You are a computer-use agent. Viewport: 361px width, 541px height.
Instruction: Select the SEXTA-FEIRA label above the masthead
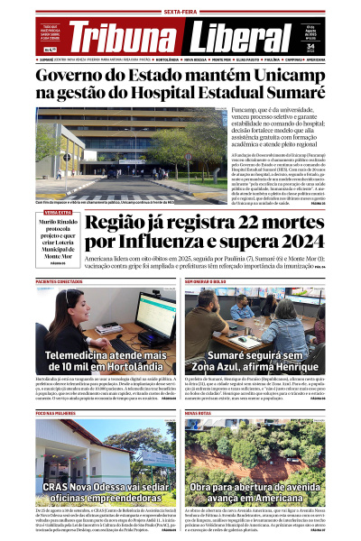point(180,12)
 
